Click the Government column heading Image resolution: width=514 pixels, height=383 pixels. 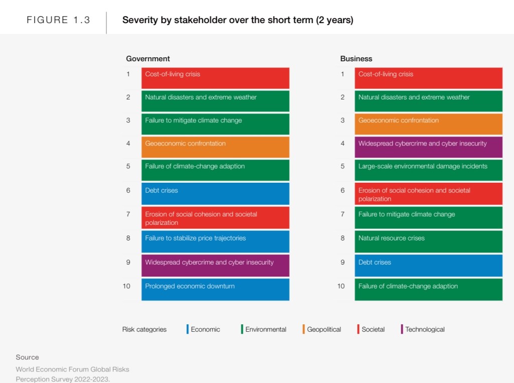coord(148,59)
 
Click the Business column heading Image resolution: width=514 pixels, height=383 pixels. coord(356,59)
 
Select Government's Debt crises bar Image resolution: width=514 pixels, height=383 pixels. coord(215,193)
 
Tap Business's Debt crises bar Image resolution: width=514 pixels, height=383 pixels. coord(428,265)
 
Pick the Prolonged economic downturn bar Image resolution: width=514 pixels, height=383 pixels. coord(215,289)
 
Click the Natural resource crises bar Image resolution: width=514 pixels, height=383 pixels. coord(428,241)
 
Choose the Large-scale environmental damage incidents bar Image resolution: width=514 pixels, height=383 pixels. coord(428,170)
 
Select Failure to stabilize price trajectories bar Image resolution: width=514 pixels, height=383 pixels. coord(215,241)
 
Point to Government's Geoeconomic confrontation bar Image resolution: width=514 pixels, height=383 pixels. coord(215,147)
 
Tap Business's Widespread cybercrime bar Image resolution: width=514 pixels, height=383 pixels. coord(428,147)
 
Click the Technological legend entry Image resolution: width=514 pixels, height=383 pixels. coord(425,330)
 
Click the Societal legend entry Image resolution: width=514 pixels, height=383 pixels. coord(373,330)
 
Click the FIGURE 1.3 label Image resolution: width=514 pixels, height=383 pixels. coord(58,21)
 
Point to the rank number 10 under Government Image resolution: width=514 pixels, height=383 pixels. coord(126,286)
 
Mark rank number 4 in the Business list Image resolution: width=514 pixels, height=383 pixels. coord(343,144)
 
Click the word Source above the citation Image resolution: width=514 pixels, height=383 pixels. coord(27,357)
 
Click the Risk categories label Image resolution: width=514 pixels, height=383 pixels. coord(144,330)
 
